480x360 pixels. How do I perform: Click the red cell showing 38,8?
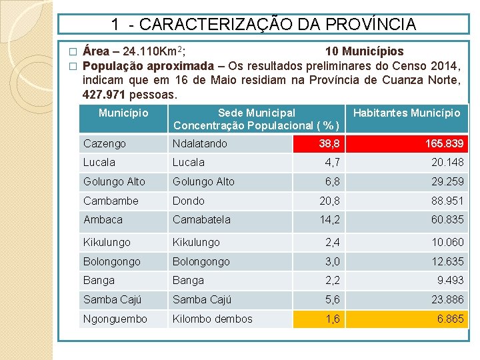[x=319, y=143]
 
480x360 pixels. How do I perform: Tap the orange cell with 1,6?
[x=319, y=319]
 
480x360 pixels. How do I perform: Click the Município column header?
[x=123, y=113]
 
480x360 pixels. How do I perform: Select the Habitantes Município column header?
[x=406, y=113]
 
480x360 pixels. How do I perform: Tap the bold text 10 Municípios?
[x=364, y=51]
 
